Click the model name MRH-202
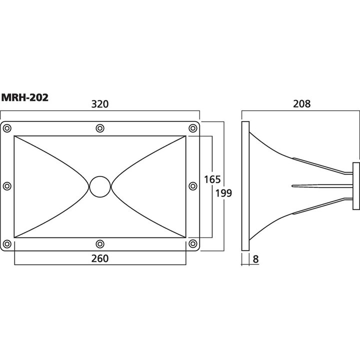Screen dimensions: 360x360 (x=25, y=97)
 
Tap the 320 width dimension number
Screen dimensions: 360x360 (x=100, y=104)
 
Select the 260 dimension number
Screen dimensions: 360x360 (x=100, y=258)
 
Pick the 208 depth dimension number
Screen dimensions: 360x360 (x=301, y=104)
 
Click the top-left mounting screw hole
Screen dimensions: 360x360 (x=7, y=128)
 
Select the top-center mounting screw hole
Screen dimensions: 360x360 (x=100, y=128)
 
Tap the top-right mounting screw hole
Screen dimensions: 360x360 (x=193, y=128)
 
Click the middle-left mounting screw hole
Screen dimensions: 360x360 (x=7, y=186)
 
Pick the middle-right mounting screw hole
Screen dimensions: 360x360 (x=193, y=186)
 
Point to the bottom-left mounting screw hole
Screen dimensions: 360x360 (x=7, y=243)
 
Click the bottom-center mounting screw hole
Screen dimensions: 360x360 (x=100, y=243)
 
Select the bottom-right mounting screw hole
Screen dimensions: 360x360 (x=193, y=243)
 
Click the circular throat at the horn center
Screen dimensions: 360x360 (x=100, y=186)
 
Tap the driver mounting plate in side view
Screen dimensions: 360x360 (x=356, y=186)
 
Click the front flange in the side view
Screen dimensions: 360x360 (x=244, y=186)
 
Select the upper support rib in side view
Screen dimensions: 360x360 (x=320, y=166)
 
